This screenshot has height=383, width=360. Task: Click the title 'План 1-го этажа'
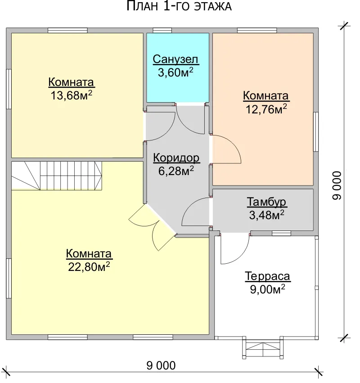179,6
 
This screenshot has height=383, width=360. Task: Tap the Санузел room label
175,59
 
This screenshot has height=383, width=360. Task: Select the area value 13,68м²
71,95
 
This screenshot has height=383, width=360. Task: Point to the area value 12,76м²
266,109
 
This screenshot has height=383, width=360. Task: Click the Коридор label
176,158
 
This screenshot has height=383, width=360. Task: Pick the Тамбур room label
266,202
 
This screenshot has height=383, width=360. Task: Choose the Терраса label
268,276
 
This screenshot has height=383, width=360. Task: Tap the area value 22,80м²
89,267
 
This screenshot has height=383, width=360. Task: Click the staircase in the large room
57,176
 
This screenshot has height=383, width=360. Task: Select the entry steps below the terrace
263,347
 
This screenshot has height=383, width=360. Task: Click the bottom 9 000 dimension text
161,365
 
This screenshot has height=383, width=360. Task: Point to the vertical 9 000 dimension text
337,185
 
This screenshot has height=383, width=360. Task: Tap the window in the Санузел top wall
162,30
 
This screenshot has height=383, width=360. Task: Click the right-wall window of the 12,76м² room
316,132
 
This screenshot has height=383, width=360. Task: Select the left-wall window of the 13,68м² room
9,89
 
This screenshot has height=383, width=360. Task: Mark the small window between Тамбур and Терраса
281,234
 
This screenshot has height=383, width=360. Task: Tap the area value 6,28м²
176,171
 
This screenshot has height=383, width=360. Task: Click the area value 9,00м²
268,289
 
